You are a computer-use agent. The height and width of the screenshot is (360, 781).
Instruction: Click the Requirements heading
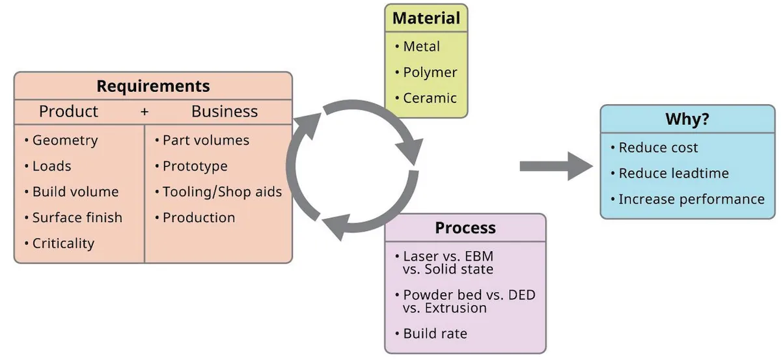[153, 86]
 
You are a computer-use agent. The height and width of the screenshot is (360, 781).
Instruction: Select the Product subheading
[68, 111]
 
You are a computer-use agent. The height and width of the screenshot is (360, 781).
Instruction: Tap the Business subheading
[225, 111]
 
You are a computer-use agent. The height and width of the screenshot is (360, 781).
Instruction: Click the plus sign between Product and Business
[144, 112]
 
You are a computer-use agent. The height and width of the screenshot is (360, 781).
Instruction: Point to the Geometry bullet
[64, 140]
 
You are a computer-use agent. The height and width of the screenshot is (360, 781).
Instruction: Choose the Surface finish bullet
[77, 217]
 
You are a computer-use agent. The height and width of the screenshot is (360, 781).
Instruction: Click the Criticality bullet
[63, 243]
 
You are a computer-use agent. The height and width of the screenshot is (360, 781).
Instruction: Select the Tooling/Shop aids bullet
[221, 192]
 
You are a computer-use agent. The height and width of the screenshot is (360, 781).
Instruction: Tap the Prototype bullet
[195, 166]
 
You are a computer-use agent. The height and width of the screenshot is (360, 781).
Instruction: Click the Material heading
[426, 18]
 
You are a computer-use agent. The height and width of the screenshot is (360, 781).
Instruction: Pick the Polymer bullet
[430, 72]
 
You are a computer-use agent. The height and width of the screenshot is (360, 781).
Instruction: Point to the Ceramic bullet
[430, 98]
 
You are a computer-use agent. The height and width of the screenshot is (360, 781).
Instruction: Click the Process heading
[465, 228]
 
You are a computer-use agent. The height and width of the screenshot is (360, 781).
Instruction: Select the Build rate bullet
[435, 333]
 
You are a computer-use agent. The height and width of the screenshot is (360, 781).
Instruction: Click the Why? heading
[687, 120]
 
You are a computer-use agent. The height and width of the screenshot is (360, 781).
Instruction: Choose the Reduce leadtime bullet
[673, 173]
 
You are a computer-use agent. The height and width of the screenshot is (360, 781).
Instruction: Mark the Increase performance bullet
[691, 199]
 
